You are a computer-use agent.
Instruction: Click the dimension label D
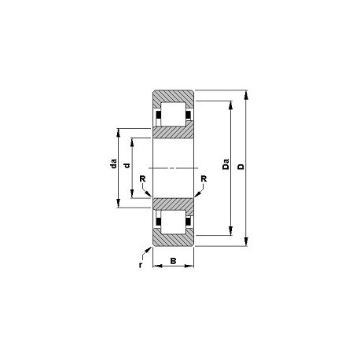(x=241, y=167)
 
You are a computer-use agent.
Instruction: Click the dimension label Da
(x=226, y=164)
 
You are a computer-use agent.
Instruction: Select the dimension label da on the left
(x=113, y=163)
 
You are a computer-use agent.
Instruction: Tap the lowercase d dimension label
(x=127, y=165)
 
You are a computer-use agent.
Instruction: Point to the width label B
(x=173, y=261)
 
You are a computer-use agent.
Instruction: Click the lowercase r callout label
(x=141, y=265)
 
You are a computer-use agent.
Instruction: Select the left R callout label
(x=142, y=179)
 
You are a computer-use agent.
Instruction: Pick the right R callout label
(x=204, y=179)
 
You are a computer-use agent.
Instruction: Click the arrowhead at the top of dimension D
(x=246, y=95)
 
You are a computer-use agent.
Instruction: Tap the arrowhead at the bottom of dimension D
(x=246, y=241)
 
